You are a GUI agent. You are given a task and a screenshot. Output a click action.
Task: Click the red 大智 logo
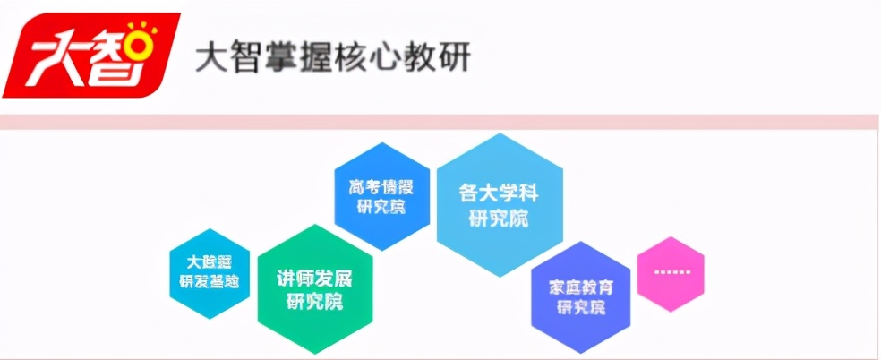click(90, 55)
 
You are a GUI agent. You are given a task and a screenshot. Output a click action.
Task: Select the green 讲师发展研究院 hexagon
click(314, 289)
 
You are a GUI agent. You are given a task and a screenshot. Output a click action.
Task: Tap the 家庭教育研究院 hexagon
click(580, 297)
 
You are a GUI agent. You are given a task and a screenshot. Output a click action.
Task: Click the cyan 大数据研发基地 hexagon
click(210, 273)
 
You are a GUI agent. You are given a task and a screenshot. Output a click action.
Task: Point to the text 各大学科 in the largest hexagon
click(499, 193)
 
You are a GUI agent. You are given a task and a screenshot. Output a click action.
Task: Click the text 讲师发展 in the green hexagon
click(314, 279)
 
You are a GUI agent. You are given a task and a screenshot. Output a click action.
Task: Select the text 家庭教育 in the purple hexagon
click(580, 287)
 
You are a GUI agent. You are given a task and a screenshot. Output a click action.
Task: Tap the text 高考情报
click(381, 188)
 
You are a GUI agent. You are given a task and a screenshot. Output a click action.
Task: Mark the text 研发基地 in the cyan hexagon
click(210, 282)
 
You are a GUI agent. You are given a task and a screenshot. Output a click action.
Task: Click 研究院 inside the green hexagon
click(314, 302)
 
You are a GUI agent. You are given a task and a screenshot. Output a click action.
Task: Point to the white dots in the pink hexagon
click(670, 272)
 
